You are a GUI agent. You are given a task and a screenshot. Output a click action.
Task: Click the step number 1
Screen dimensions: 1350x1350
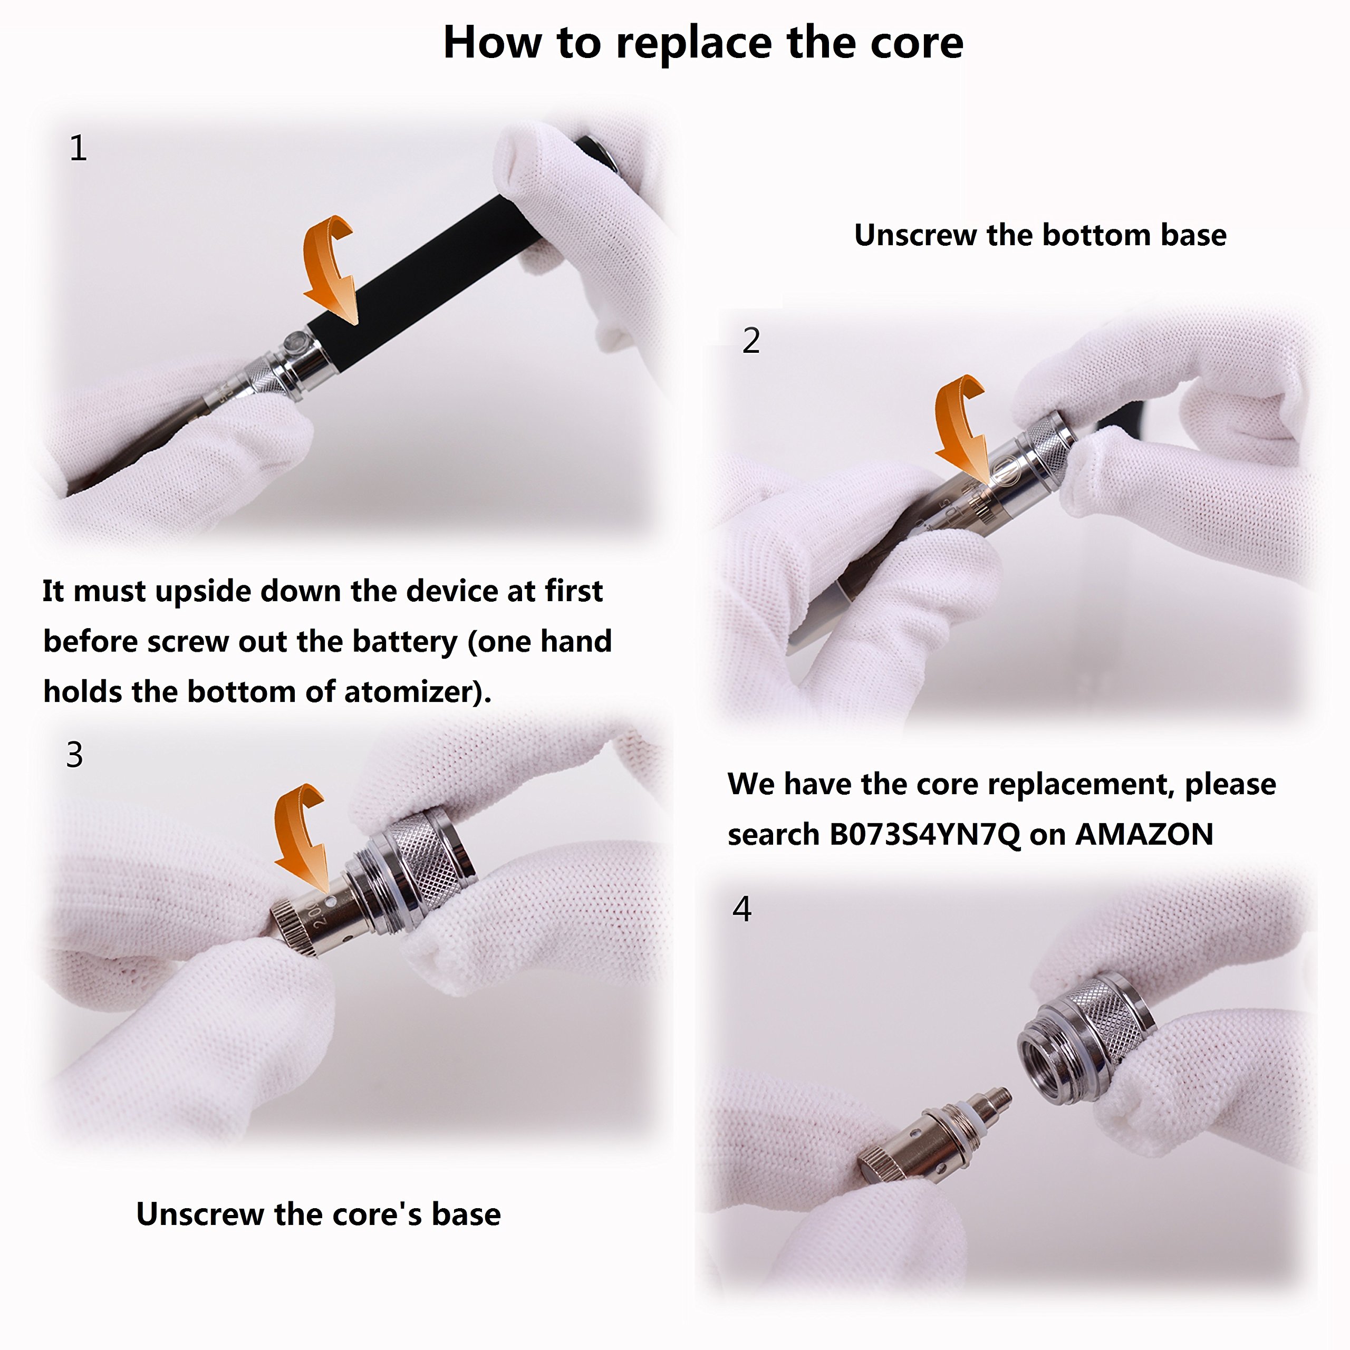pos(78,148)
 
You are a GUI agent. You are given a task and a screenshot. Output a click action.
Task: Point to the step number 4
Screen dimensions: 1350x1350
pos(742,909)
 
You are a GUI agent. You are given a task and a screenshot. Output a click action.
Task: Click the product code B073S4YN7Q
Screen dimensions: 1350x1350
pos(924,834)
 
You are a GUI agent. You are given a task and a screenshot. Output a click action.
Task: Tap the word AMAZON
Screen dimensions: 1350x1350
pos(1144,834)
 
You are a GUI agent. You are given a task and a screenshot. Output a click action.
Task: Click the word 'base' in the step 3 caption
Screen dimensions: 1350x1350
pos(466,1214)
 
